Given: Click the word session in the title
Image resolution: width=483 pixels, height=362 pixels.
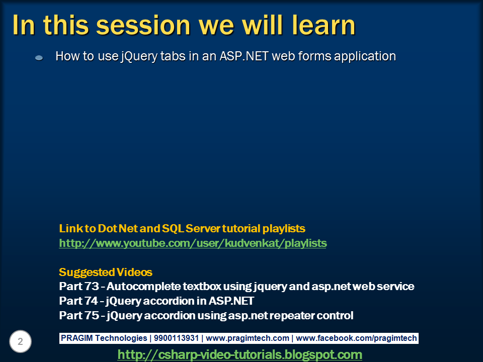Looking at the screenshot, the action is [x=143, y=25].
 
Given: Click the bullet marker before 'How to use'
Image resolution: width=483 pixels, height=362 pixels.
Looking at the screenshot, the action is [x=39, y=57].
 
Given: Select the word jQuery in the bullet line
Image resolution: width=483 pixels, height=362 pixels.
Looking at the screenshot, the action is [x=139, y=57].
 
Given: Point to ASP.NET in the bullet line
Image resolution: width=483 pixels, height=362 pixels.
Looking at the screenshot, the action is [x=244, y=56].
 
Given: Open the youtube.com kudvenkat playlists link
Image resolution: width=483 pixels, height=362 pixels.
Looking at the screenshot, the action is [x=193, y=243].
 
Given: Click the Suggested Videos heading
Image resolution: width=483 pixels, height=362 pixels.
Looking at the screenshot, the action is [x=105, y=272].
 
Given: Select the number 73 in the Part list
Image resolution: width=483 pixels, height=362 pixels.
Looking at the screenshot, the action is [x=92, y=286].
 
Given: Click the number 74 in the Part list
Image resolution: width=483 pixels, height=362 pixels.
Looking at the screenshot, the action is [x=91, y=301].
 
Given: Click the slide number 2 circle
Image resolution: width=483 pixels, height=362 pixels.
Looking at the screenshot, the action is [x=20, y=341].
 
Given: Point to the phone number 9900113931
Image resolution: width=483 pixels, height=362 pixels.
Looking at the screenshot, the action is [x=176, y=338].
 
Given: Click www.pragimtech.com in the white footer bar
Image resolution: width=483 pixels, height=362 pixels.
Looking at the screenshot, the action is [x=248, y=338].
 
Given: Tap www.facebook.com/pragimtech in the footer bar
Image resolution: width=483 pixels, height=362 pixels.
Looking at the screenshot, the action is [x=356, y=338].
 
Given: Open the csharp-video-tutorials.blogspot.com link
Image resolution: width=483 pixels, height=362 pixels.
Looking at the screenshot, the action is [x=239, y=354].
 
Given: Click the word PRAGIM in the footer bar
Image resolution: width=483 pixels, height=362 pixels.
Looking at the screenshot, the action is [x=76, y=338].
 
